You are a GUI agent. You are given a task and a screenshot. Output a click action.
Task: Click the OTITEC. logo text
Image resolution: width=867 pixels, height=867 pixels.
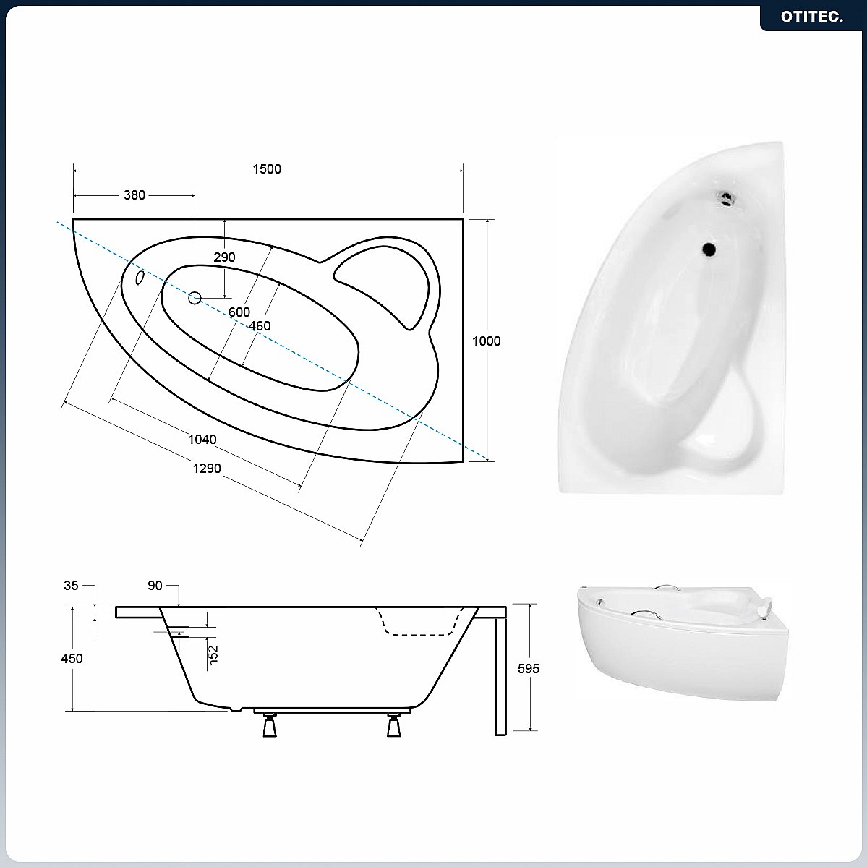click(812, 17)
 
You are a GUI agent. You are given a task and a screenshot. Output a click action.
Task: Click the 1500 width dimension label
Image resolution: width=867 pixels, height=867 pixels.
click(267, 169)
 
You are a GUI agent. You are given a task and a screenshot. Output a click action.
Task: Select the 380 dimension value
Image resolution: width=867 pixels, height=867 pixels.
click(134, 195)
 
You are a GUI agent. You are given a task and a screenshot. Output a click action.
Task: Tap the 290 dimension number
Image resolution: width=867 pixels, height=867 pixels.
click(224, 257)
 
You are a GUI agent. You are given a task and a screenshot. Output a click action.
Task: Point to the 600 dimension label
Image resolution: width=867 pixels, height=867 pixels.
click(239, 312)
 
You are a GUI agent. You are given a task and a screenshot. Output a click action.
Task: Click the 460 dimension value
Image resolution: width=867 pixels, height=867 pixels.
click(260, 326)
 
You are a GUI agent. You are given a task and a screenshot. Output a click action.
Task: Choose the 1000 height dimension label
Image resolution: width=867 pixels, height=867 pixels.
click(487, 341)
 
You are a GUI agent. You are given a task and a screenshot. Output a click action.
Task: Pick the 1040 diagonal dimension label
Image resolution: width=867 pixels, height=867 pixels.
click(202, 440)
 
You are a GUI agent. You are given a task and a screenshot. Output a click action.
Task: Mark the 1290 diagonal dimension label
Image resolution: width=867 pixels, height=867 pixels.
click(207, 469)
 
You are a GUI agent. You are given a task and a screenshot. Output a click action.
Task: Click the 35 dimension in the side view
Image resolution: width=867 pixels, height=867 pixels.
click(71, 586)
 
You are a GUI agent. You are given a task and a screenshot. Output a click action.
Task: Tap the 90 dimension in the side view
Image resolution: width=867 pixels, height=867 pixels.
click(155, 586)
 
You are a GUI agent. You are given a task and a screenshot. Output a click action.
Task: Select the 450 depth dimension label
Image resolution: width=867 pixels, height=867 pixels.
click(72, 659)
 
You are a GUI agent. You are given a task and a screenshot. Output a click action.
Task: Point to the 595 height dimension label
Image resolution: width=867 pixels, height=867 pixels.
click(529, 669)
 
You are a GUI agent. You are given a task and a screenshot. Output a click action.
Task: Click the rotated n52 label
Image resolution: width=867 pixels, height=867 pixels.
click(213, 656)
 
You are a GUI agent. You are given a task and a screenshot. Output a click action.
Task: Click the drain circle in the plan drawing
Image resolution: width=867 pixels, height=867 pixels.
click(195, 299)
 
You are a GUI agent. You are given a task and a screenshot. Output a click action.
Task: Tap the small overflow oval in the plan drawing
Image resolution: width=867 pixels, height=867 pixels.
click(140, 278)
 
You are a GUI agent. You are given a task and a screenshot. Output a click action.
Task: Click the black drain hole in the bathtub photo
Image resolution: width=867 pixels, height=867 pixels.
click(709, 249)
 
